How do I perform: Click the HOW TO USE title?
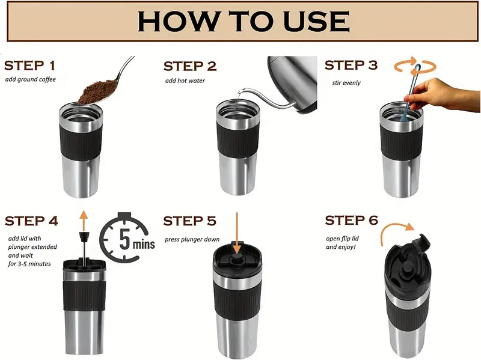244,21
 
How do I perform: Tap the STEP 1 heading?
29,66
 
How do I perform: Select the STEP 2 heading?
190,66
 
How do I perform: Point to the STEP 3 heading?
351,65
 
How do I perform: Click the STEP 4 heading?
31,221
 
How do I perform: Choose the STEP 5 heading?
190,221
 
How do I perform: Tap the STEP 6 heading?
352,220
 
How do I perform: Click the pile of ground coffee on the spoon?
97,91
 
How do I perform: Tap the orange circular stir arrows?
415,66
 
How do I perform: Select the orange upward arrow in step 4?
84,221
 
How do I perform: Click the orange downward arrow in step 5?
237,233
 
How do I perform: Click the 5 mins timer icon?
127,237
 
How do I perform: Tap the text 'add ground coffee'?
31,79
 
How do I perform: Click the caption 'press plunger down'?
192,239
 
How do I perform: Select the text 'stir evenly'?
346,83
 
